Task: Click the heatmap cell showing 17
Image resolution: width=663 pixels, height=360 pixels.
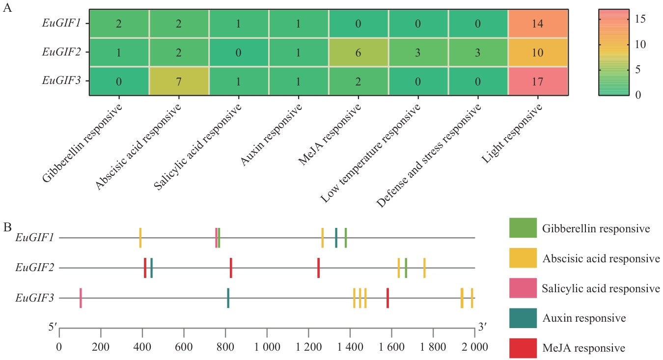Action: click(x=538, y=82)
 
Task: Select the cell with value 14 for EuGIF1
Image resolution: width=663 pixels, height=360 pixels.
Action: click(x=538, y=24)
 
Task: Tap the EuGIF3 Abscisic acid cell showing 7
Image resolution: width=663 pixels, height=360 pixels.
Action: click(x=179, y=82)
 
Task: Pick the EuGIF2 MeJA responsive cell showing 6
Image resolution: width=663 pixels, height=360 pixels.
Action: click(x=358, y=53)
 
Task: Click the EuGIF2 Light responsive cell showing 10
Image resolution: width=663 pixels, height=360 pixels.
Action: click(x=538, y=53)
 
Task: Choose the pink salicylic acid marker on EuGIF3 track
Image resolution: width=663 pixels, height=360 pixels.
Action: click(x=81, y=298)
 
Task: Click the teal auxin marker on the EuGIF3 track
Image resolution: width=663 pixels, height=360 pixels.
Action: click(x=228, y=298)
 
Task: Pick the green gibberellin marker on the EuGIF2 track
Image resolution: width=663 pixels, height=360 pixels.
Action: click(x=406, y=268)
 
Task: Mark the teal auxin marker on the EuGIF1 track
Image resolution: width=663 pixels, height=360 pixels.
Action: click(x=336, y=238)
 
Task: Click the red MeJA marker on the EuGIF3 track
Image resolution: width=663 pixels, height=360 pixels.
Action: click(x=387, y=298)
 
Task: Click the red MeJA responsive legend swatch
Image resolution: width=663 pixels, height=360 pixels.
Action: click(x=523, y=348)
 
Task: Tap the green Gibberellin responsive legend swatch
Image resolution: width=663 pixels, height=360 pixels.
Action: click(x=523, y=228)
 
